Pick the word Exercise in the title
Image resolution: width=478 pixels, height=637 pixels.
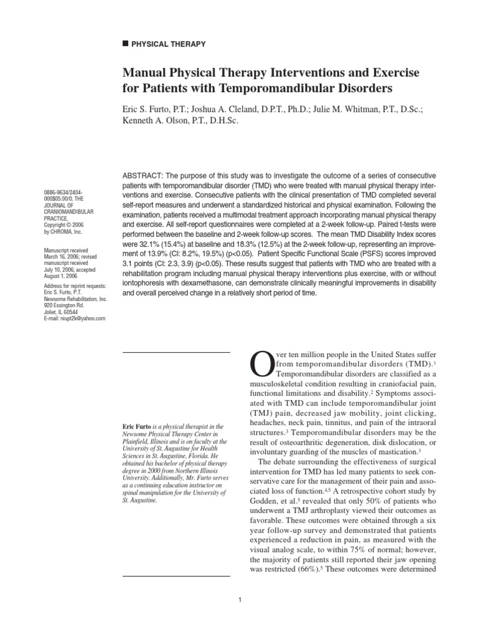(x=393, y=73)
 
